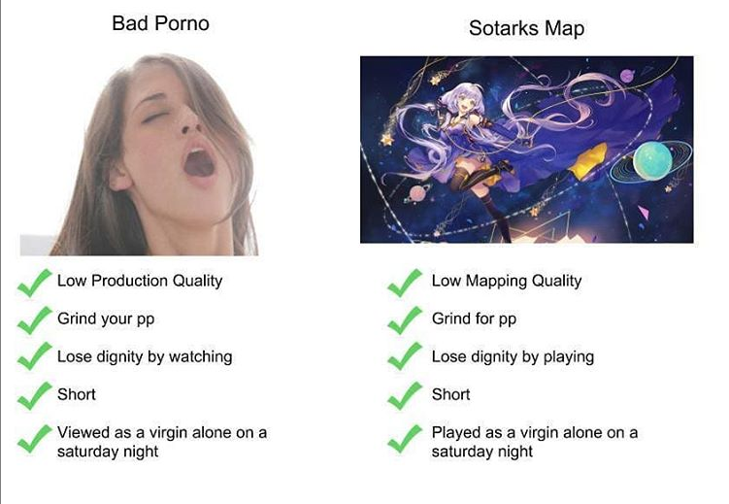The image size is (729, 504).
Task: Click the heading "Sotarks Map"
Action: [x=526, y=27]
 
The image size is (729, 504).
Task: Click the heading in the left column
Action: [x=160, y=22]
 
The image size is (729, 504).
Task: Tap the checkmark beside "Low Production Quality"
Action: [x=35, y=283]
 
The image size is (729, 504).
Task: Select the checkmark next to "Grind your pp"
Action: [x=35, y=319]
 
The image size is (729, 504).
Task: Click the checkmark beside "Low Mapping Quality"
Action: [x=404, y=283]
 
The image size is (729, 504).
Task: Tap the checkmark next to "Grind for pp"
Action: [x=404, y=319]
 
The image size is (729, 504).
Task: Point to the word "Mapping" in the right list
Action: [x=501, y=281]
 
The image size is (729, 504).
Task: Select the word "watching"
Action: [x=200, y=356]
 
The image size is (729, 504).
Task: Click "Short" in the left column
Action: [x=77, y=394]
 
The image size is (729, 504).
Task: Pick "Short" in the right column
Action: [x=450, y=394]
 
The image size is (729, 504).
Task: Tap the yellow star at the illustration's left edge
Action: [x=385, y=139]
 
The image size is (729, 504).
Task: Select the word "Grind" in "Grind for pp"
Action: [x=452, y=319]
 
